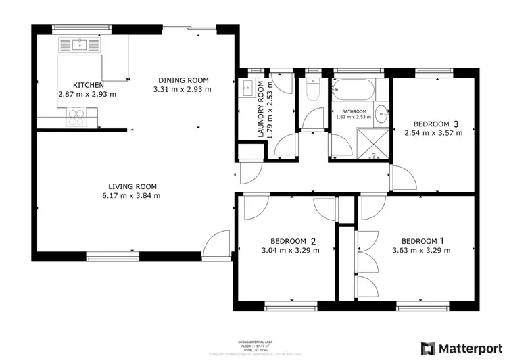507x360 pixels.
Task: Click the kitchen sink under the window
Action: pos(80,45)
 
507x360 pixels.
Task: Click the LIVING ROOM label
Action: pos(132,186)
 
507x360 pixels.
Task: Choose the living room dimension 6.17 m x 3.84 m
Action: pos(132,196)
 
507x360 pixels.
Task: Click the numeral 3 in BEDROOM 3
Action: pos(456,124)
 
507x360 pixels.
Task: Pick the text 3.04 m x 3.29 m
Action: pos(295,250)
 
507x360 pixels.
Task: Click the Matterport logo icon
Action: pos(428,349)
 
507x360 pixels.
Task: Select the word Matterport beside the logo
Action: pos(470,349)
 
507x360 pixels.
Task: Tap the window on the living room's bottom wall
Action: pos(112,255)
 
